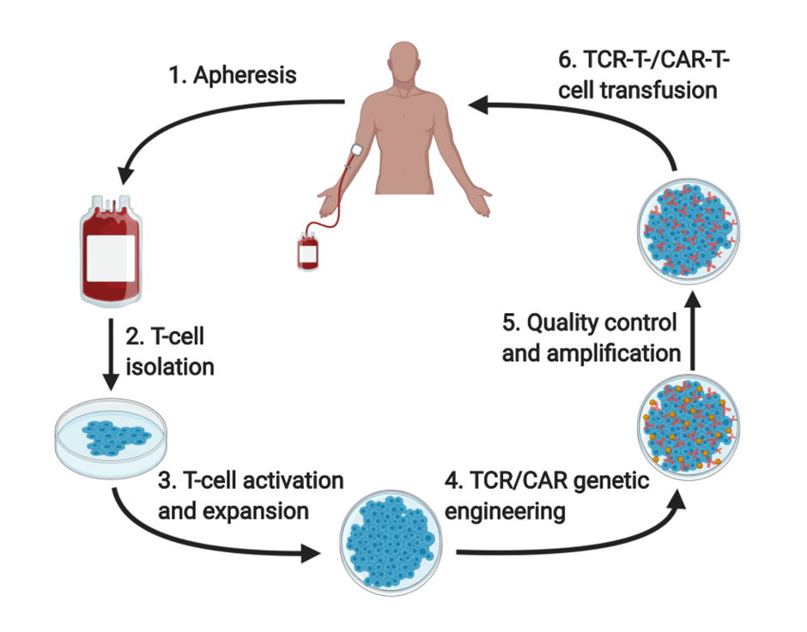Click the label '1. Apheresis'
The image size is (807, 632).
[x=233, y=75]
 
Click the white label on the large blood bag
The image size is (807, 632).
[x=111, y=256]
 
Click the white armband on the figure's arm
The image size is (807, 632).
[x=355, y=152]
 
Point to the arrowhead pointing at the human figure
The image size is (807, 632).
[x=479, y=106]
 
